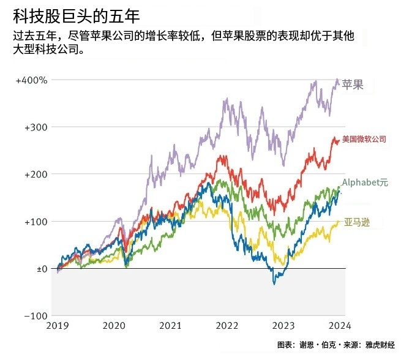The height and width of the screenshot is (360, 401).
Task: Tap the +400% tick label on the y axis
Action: tap(32, 80)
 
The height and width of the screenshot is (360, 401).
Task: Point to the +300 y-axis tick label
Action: tap(36, 127)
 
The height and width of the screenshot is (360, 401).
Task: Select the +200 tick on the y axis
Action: tap(36, 174)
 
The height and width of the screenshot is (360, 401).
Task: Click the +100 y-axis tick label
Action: tap(36, 222)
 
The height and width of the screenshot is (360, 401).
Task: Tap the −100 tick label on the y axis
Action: tap(36, 316)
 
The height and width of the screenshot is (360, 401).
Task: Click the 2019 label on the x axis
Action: tap(57, 326)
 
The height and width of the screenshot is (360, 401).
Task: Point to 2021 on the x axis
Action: tap(170, 326)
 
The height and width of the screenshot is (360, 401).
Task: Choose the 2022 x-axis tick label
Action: tap(227, 326)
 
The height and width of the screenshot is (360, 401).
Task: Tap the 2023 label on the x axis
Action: tap(283, 326)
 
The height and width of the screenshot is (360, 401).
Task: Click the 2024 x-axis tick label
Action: tap(340, 326)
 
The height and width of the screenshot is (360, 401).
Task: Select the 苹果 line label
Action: tap(353, 85)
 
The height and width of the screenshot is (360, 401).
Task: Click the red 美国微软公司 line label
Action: tap(364, 140)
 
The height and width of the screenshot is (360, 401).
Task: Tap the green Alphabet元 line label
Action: tap(365, 182)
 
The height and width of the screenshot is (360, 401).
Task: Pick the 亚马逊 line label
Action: tap(357, 222)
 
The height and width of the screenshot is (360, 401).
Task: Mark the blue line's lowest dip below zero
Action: tap(274, 283)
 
